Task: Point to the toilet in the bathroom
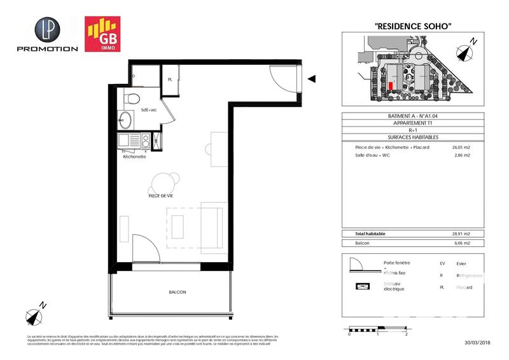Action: pyautogui.click(x=132, y=100)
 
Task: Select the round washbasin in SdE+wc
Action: pyautogui.click(x=124, y=120)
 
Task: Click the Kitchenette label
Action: pyautogui.click(x=136, y=156)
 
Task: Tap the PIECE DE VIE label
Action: pyautogui.click(x=161, y=197)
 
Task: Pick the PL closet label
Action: pyautogui.click(x=170, y=80)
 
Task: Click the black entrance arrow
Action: pyautogui.click(x=312, y=79)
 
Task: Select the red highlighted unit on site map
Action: pyautogui.click(x=391, y=85)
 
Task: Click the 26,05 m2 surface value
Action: pyautogui.click(x=460, y=148)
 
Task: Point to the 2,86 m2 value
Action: pyautogui.click(x=460, y=155)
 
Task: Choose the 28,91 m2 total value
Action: pyautogui.click(x=460, y=234)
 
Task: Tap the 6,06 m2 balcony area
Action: pyautogui.click(x=460, y=243)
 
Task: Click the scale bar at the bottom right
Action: pyautogui.click(x=378, y=329)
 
